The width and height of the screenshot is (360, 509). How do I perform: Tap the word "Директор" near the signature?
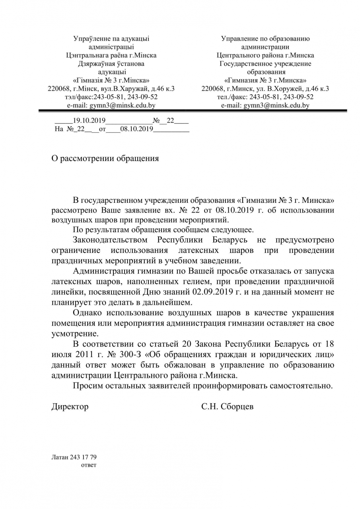click(x=70, y=406)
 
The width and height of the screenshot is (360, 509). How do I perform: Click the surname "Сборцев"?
click(x=236, y=406)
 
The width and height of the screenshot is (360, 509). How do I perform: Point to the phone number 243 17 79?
click(x=83, y=457)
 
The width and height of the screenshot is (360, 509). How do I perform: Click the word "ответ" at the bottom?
click(x=89, y=465)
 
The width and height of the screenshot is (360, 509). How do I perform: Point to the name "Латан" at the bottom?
click(x=59, y=457)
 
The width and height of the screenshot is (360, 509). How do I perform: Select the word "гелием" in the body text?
click(x=200, y=282)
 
